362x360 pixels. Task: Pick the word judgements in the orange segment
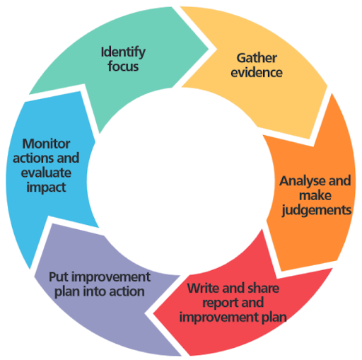coord(315,210)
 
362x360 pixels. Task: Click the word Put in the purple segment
coord(58,277)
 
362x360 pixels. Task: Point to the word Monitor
coord(47,144)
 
